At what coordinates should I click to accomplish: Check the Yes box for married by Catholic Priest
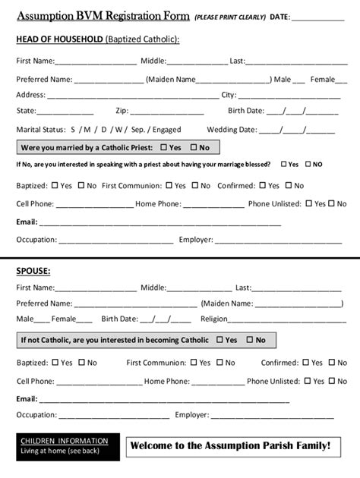[164, 147]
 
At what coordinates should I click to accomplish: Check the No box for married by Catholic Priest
[194, 147]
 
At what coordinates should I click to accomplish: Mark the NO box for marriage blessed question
[308, 164]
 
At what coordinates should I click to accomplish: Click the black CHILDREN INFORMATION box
[67, 447]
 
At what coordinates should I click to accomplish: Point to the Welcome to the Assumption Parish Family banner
[230, 445]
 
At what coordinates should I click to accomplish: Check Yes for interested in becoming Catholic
[219, 340]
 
